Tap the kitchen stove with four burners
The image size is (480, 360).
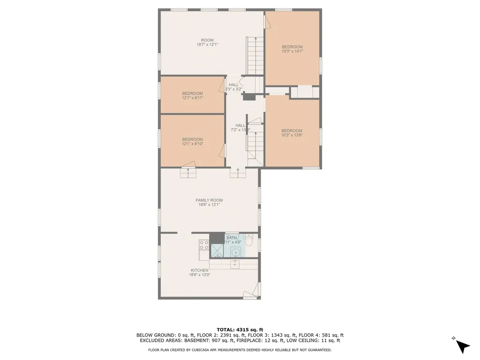204,245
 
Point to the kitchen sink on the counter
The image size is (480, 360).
234,264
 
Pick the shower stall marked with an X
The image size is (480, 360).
217,251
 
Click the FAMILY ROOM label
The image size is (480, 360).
209,200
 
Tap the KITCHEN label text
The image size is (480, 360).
199,270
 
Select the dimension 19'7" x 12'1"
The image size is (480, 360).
207,45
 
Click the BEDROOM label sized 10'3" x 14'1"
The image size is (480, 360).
292,47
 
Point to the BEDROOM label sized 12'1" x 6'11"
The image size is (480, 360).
192,94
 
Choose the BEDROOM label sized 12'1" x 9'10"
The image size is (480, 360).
192,139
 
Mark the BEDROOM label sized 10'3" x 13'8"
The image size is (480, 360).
292,131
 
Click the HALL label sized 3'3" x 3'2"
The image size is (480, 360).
233,85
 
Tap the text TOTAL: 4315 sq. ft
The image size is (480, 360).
240,329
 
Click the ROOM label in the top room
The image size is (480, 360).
207,40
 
